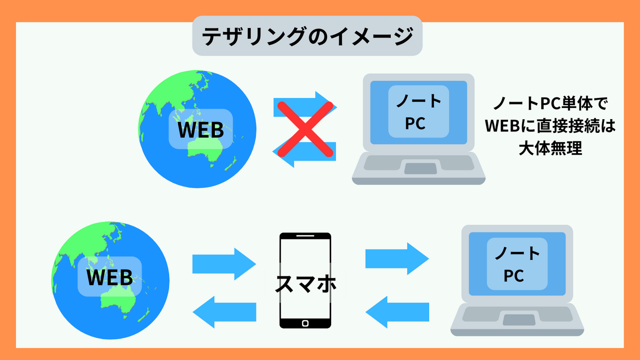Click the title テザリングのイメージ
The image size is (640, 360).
307,36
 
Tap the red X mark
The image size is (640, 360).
304,128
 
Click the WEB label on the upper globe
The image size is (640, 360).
200,129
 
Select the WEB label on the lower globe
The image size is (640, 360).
110,277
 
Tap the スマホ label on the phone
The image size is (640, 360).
305,284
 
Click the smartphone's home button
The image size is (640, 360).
305,323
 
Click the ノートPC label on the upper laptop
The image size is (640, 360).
418,112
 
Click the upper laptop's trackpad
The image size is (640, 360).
420,169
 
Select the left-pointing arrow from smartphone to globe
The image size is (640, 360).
224,311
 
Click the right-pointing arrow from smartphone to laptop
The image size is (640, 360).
397,259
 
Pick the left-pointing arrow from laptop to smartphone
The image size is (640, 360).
397,312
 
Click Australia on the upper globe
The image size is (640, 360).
206,148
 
